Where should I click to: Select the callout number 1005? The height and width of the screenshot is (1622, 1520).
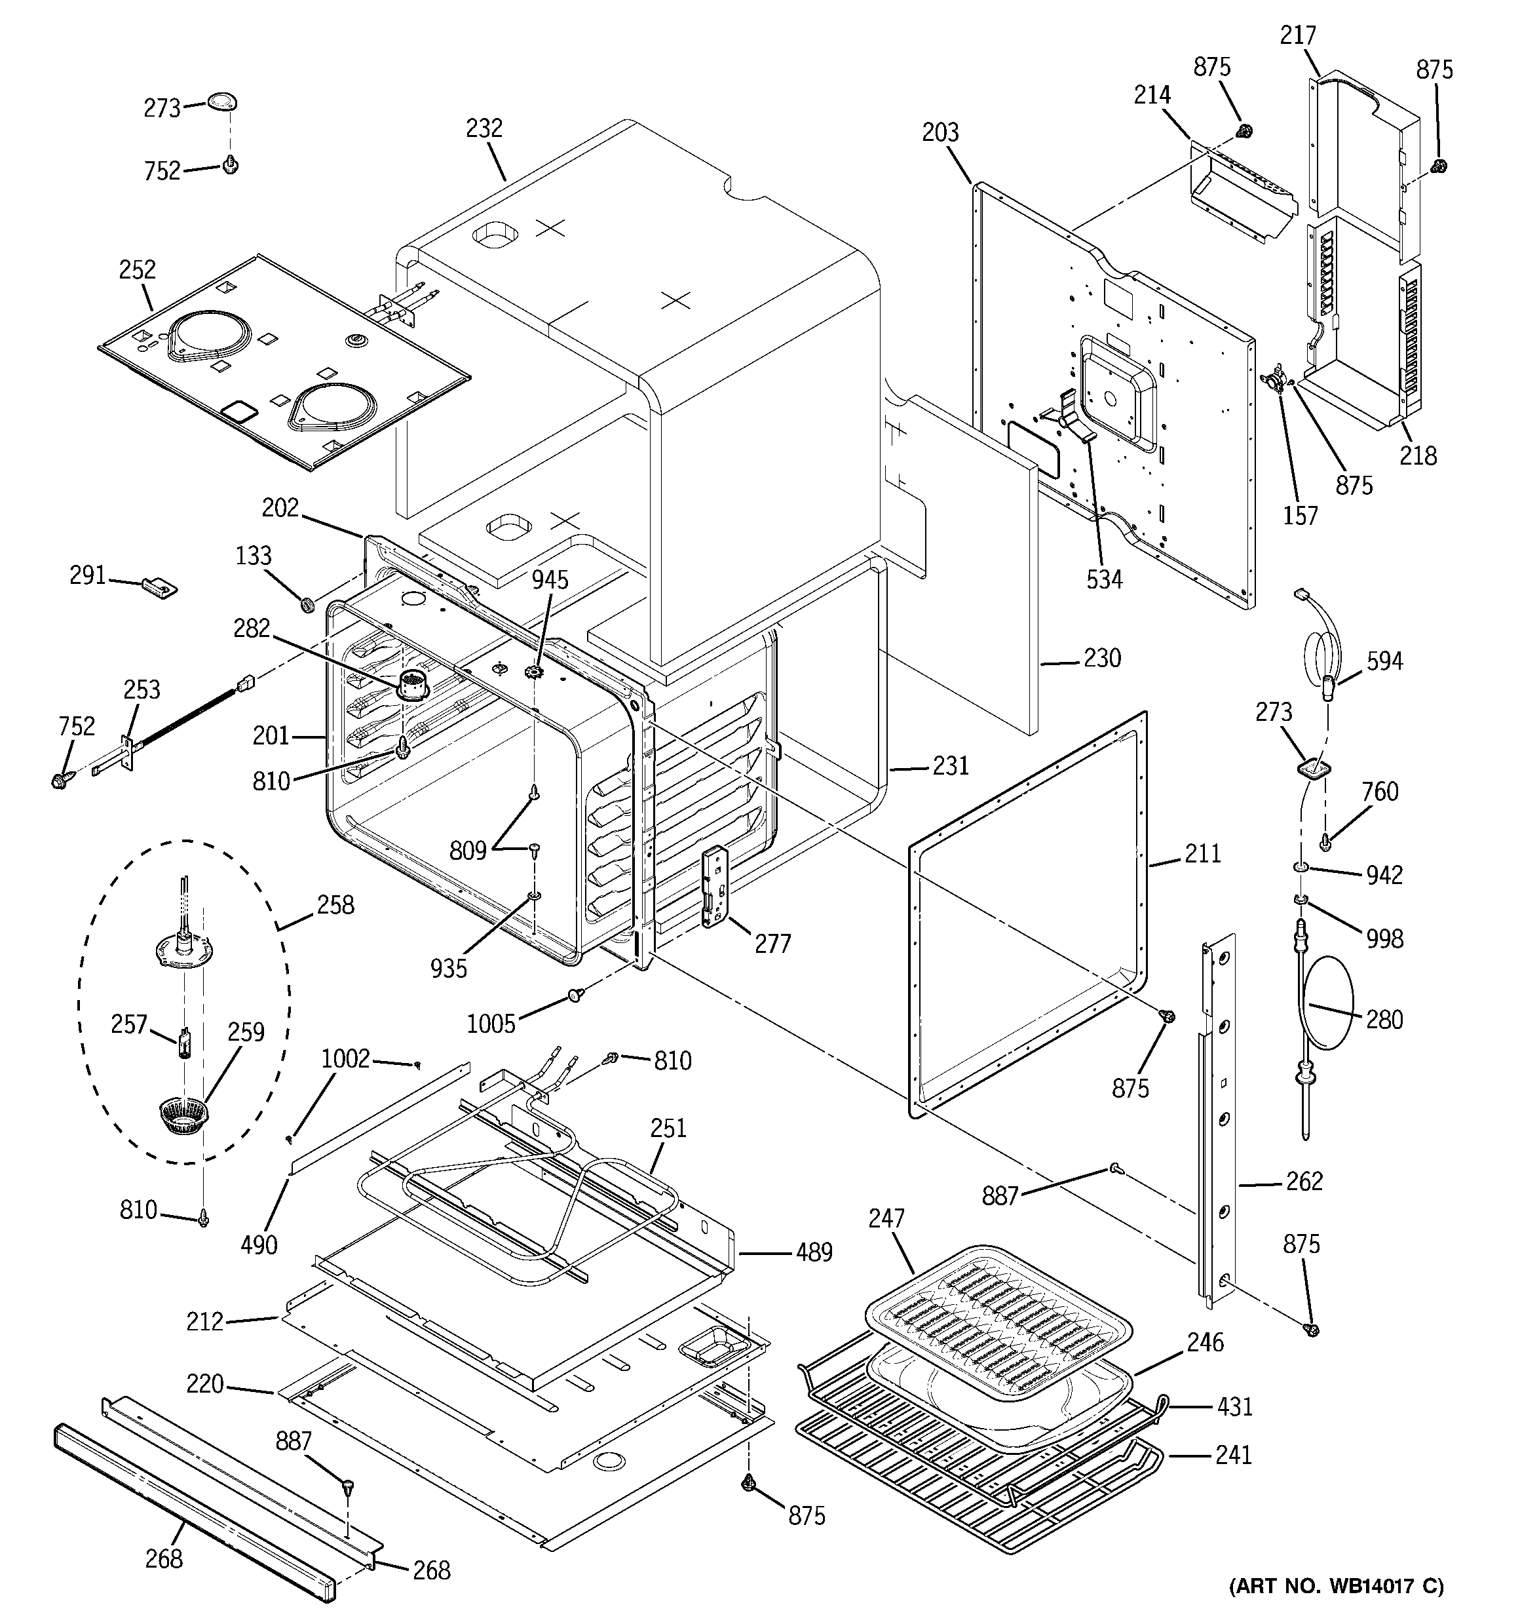click(x=491, y=1023)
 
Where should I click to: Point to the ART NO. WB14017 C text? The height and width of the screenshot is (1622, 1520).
click(x=1337, y=1586)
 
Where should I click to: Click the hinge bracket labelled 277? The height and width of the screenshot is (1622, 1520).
click(x=715, y=887)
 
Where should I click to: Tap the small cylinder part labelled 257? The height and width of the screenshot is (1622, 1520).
click(x=184, y=1043)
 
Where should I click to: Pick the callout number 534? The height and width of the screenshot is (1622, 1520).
click(x=1104, y=579)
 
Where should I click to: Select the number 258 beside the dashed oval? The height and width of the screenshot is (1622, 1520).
click(x=335, y=905)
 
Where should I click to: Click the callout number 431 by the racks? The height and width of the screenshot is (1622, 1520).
click(x=1234, y=1406)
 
